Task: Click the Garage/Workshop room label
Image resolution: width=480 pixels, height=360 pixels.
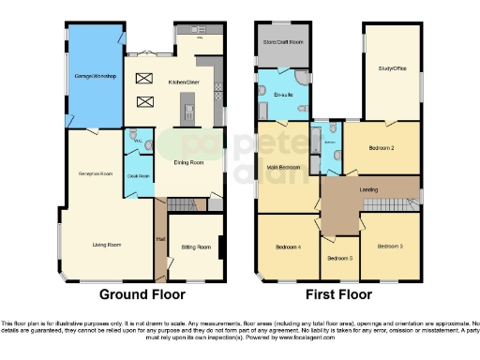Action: coord(95,76)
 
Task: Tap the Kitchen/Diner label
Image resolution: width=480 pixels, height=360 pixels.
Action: coord(183,83)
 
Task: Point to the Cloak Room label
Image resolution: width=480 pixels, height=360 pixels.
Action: coord(139,175)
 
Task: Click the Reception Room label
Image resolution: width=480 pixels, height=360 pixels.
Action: coord(95,174)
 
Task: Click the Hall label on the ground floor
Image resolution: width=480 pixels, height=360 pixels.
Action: coord(159,240)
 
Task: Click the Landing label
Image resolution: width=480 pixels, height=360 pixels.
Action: coord(369,190)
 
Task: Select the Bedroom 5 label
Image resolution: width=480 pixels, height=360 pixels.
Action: coord(338,258)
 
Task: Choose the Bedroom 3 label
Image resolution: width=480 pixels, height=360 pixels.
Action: coord(389,247)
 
